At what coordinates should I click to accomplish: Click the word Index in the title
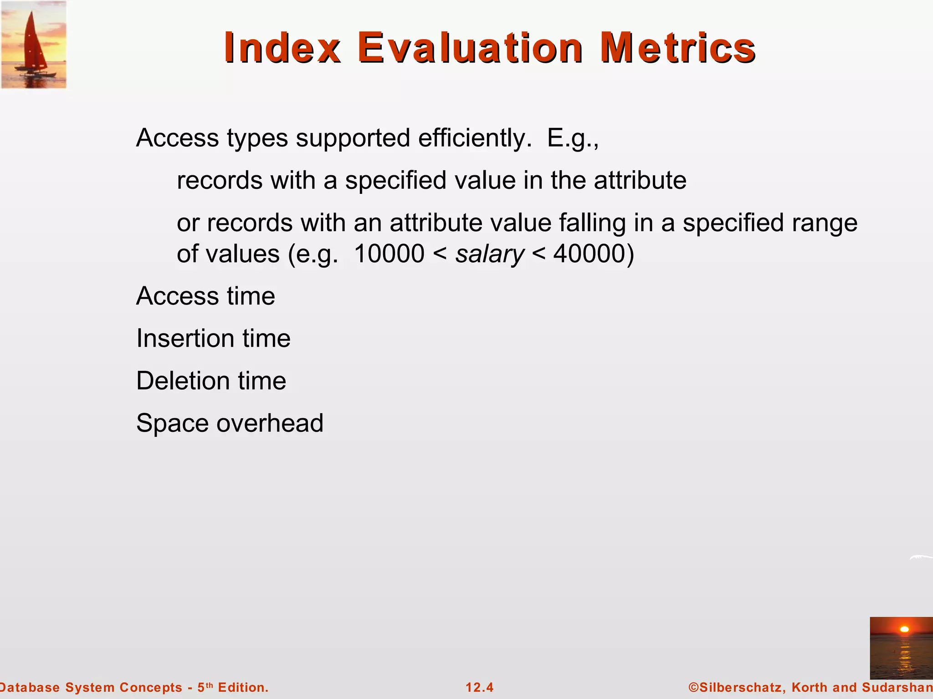(x=282, y=48)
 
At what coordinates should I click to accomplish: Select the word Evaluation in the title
(x=470, y=48)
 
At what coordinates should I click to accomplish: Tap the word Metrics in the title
(x=677, y=48)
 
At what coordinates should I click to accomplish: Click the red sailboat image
(x=34, y=45)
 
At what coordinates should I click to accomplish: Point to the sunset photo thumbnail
(x=901, y=648)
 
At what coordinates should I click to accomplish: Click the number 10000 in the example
(x=389, y=254)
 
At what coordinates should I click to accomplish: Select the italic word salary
(x=490, y=254)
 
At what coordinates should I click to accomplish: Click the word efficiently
(x=475, y=138)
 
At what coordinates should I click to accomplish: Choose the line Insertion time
(x=213, y=339)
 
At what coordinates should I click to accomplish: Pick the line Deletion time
(x=211, y=381)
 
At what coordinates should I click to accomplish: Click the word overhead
(x=270, y=423)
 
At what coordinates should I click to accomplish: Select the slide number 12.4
(x=479, y=687)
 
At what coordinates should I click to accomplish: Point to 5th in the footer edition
(x=205, y=687)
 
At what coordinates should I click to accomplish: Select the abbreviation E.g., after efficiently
(x=573, y=138)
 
